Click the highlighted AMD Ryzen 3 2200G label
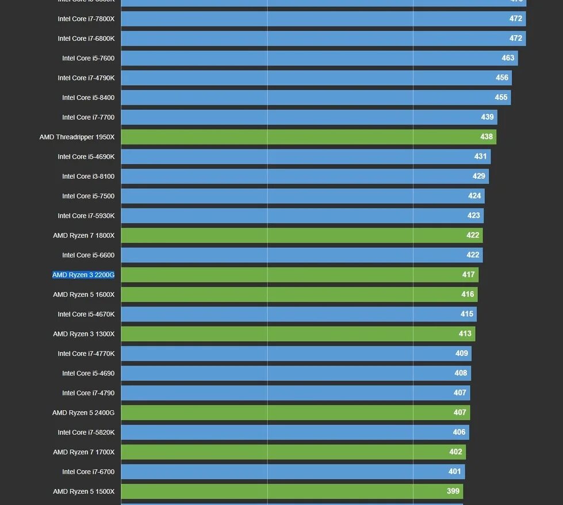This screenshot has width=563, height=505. [x=83, y=275]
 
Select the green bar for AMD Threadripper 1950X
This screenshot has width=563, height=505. [x=308, y=137]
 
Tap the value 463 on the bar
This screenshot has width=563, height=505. [x=508, y=58]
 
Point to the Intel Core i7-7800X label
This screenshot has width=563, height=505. [x=86, y=19]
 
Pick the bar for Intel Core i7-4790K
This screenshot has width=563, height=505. [x=316, y=78]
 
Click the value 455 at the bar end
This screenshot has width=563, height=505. [x=501, y=97]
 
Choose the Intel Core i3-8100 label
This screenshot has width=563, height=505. [x=89, y=177]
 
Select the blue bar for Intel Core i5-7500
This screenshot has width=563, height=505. [x=302, y=196]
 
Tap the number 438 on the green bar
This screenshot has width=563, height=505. [x=487, y=137]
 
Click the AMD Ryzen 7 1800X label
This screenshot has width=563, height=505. [x=84, y=236]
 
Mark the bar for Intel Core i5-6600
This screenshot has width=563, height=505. [x=301, y=255]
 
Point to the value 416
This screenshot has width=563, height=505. [x=468, y=294]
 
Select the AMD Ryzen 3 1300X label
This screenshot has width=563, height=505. [x=84, y=334]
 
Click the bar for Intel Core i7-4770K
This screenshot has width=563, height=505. [x=296, y=354]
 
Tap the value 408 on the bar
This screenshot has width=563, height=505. [x=461, y=373]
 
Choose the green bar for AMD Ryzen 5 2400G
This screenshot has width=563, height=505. [x=295, y=413]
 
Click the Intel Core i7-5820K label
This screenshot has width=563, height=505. [x=86, y=433]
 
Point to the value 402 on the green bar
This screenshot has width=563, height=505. [x=455, y=452]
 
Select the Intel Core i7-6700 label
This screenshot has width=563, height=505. [x=89, y=472]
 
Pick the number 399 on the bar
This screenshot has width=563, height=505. [x=453, y=492]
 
